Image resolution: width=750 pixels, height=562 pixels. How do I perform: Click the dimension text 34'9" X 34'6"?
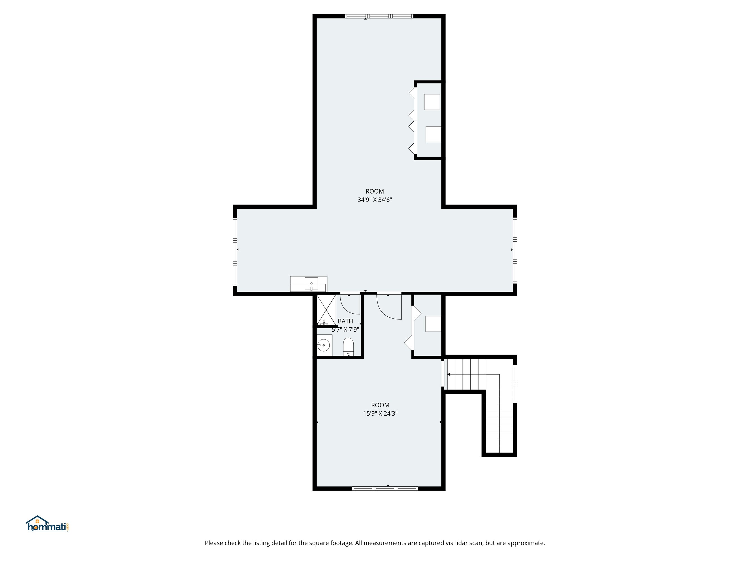tap(375, 200)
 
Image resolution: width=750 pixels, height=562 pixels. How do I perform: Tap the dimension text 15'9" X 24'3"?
tap(380, 413)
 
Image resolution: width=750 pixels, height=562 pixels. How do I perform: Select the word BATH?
tap(345, 321)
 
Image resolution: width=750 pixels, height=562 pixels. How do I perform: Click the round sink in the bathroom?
tap(324, 346)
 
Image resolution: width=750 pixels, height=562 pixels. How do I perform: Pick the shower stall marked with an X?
tap(326, 310)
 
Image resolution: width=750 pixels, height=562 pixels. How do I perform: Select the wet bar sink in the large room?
tap(311, 284)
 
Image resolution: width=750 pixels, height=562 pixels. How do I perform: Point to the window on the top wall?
tap(379, 16)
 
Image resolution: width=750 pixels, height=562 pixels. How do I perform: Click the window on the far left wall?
tap(235, 251)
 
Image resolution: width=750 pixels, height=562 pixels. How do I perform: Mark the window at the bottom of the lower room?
tap(385, 488)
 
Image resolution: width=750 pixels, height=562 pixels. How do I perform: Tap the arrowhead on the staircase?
tap(449, 374)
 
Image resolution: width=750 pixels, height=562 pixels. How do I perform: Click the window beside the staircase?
tap(515, 384)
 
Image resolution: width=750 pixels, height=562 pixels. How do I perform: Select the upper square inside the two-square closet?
tap(432, 102)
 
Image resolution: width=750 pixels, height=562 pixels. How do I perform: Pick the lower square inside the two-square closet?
tap(433, 134)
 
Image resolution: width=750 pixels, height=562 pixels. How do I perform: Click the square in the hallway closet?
tap(433, 324)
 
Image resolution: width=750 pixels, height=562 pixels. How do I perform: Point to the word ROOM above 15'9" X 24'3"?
tap(380, 405)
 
